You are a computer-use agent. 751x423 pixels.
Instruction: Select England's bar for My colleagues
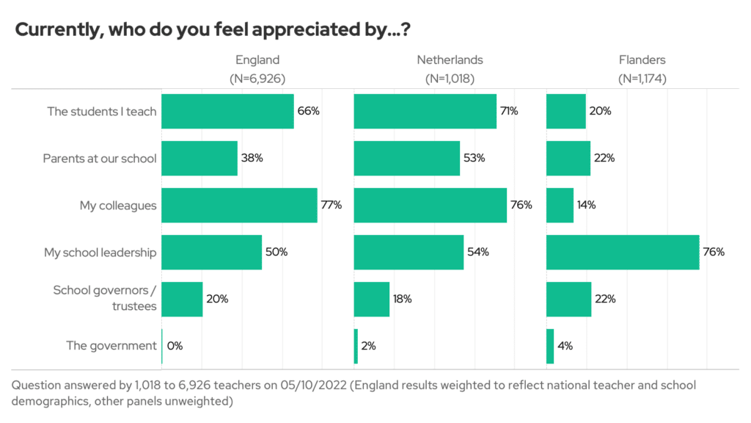coord(239,206)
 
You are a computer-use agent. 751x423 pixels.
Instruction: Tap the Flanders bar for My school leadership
coord(623,253)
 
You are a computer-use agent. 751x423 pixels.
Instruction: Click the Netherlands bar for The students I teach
coord(425,112)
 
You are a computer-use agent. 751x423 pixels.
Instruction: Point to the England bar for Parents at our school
coord(199,159)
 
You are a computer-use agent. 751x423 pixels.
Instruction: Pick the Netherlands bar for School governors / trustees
coord(371,300)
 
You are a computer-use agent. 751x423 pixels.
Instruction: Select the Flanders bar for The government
coord(550,347)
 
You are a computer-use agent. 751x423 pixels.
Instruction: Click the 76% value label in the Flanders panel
coord(714,253)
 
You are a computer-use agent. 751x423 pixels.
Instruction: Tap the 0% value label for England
coord(175,347)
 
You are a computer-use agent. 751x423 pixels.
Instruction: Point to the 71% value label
coord(509,112)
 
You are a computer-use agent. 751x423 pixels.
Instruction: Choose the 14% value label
coord(586,206)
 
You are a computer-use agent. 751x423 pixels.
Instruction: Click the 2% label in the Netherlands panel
coord(368,347)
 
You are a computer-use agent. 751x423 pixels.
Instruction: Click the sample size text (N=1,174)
coord(642,78)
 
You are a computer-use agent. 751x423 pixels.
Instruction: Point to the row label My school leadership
coord(100,253)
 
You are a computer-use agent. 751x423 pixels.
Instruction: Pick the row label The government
coord(111,347)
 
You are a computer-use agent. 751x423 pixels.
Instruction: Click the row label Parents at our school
coord(100,159)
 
